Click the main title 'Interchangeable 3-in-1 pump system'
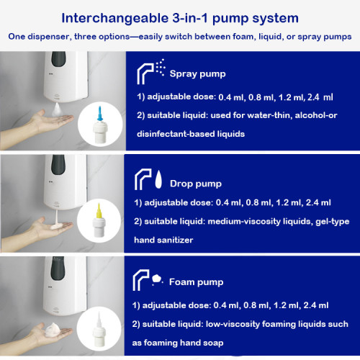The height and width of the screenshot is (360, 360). [179, 16]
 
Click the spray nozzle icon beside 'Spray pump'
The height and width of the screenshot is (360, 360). [150, 71]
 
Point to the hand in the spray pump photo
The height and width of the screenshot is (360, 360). [32, 122]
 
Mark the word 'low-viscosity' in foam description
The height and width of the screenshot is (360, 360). [237, 325]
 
